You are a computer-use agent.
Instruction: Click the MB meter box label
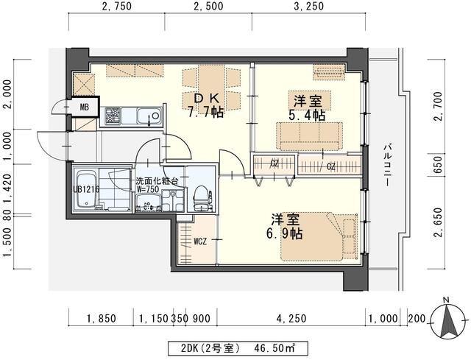coord(85,107)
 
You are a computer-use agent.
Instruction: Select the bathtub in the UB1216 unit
coord(86,189)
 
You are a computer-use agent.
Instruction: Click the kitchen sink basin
coord(149,116)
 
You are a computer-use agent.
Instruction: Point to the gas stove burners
coord(113,116)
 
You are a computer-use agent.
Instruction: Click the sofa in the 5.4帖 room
coord(309,135)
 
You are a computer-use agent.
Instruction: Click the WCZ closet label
coord(200,241)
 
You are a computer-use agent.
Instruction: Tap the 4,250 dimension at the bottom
coord(291,318)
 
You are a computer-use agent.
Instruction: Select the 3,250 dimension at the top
coord(309,7)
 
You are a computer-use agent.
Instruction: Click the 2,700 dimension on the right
coord(438,106)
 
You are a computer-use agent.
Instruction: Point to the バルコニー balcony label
coord(388,165)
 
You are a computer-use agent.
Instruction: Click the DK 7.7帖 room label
coord(206,105)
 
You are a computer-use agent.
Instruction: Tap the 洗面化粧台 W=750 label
coord(157,185)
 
